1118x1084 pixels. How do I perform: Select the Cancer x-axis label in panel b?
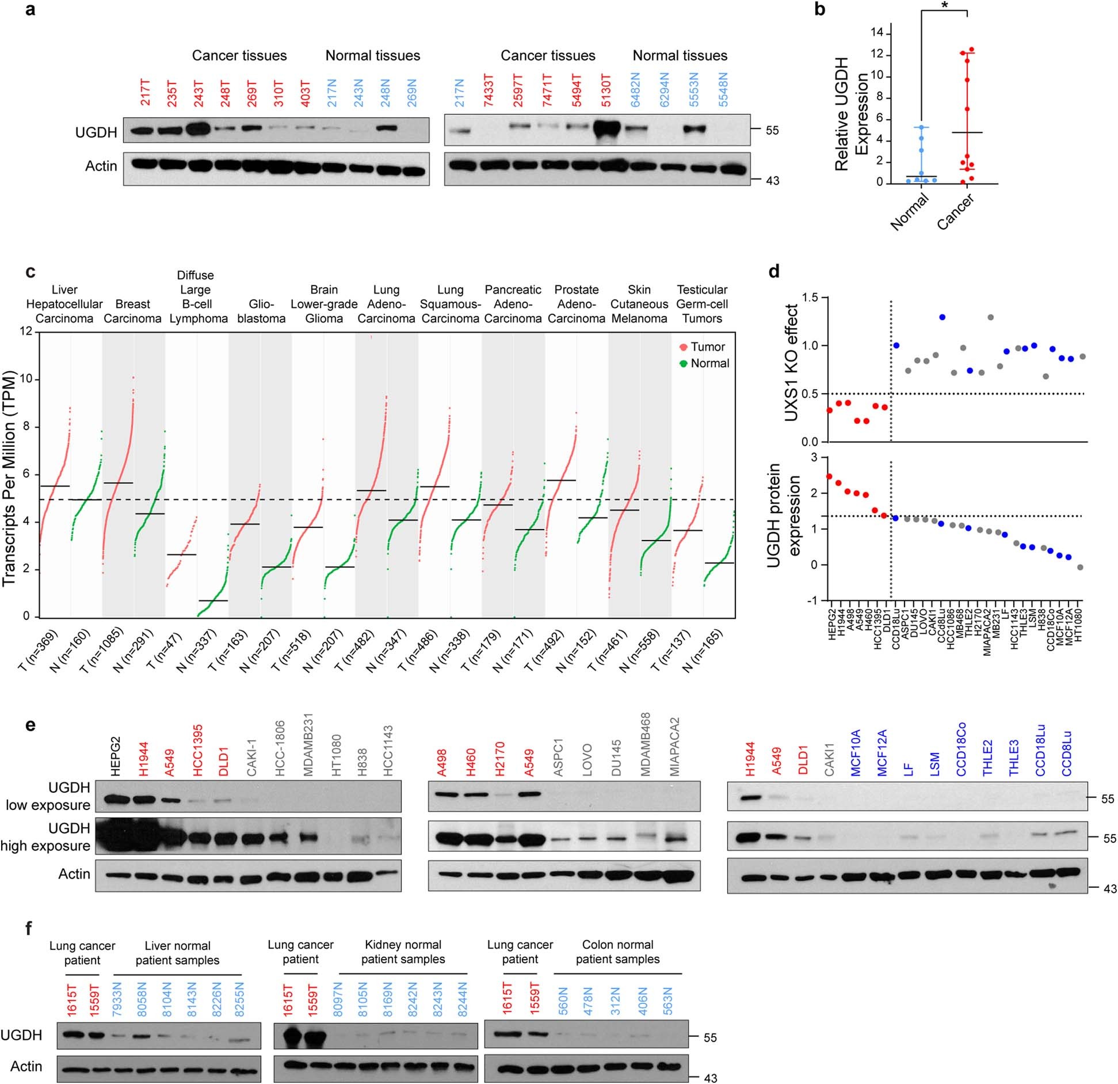click(955, 212)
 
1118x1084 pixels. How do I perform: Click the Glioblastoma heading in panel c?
click(261, 311)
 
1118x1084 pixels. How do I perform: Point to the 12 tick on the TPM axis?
click(25, 332)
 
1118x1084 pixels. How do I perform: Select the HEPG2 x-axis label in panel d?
click(830, 622)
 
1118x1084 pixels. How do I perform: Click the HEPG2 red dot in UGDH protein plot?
click(829, 476)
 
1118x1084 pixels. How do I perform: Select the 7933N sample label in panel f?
click(117, 1002)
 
